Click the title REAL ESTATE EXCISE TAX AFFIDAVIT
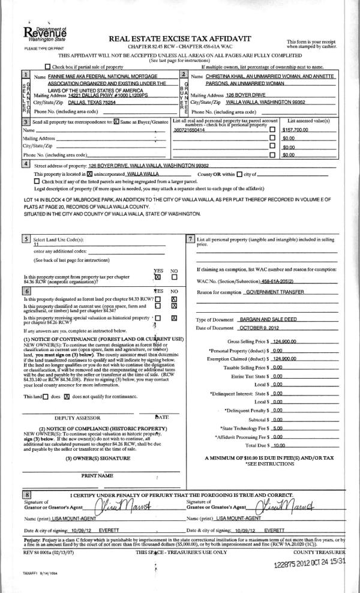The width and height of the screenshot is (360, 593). tap(179, 38)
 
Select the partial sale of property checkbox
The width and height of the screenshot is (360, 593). tap(48, 66)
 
